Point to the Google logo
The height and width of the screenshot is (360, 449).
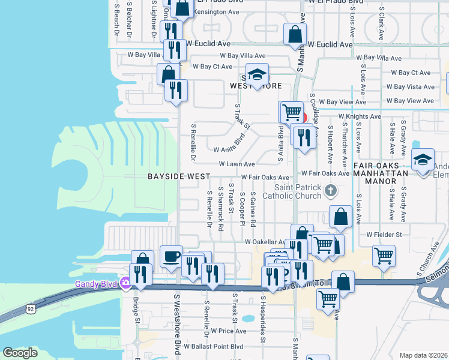coord(20,353)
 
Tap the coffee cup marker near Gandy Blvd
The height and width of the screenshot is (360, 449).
coord(171,257)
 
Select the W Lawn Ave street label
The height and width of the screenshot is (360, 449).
coord(237,164)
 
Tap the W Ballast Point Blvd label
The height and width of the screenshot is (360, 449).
coord(214,347)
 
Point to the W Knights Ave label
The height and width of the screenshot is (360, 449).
coord(360,116)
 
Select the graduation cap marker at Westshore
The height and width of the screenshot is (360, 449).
coord(257,75)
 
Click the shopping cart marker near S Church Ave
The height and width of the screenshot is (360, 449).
coord(384,256)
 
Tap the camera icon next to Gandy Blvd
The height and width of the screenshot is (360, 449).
coord(125,283)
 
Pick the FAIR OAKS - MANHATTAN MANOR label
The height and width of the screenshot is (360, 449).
coord(381,169)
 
